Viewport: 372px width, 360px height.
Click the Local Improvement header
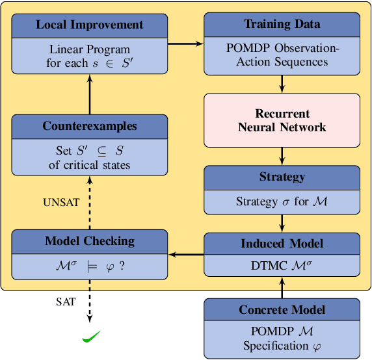pos(90,25)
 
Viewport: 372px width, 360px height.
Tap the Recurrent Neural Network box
pos(282,120)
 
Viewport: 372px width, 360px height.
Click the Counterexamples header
pos(90,126)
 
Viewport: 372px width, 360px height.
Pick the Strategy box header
pos(282,177)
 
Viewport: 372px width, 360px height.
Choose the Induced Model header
pos(282,244)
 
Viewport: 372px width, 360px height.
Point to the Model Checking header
pos(90,241)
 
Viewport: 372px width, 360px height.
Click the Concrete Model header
pos(282,310)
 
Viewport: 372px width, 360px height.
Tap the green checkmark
pos(90,337)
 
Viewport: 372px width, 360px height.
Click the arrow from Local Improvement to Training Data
pos(186,44)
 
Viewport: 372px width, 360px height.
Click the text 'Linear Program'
pos(90,50)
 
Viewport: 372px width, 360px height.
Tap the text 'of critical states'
pos(90,164)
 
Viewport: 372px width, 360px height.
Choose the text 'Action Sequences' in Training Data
pos(282,62)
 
